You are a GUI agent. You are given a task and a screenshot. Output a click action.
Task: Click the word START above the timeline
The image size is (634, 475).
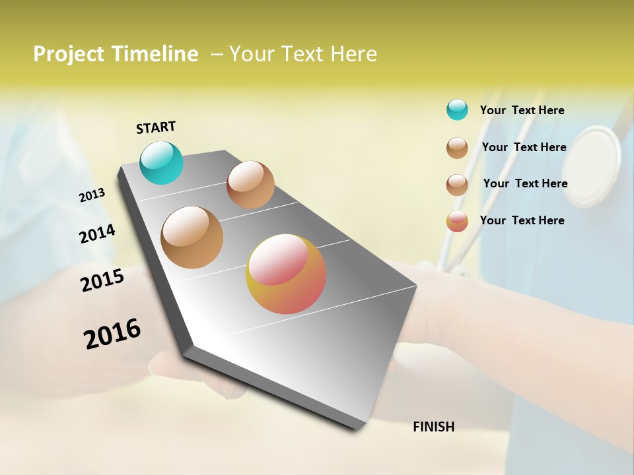point(156,127)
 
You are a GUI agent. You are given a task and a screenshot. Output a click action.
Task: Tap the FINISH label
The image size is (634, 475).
point(433,427)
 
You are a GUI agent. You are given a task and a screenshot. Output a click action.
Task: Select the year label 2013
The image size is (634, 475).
point(92,195)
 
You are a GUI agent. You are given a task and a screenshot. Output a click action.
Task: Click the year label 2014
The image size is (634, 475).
point(97,234)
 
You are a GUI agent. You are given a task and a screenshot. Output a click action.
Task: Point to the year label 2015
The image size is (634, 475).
point(102,280)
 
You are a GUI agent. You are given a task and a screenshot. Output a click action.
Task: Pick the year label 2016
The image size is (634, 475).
point(112,333)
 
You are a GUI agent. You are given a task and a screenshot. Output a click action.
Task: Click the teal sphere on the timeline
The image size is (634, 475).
point(161,162)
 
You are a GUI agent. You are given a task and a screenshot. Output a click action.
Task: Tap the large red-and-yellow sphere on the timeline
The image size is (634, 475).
point(286,274)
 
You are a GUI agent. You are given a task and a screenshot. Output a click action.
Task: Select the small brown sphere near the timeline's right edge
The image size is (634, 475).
point(250,185)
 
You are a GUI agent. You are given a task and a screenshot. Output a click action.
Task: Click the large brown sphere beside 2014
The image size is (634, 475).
point(192,237)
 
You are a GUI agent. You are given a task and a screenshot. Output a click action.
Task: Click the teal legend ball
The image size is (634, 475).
point(457,110)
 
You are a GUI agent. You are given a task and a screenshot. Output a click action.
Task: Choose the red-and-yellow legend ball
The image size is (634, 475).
point(457,221)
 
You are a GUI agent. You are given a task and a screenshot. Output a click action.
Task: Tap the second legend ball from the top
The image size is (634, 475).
point(457,148)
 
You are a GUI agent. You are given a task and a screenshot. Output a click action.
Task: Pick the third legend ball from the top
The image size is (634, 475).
point(457,185)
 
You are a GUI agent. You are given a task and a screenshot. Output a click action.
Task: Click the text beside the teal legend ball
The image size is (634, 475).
point(522,110)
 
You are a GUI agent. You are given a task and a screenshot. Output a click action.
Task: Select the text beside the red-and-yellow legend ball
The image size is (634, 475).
point(522,220)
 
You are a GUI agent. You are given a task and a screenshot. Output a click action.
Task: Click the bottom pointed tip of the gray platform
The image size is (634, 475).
point(357,429)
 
